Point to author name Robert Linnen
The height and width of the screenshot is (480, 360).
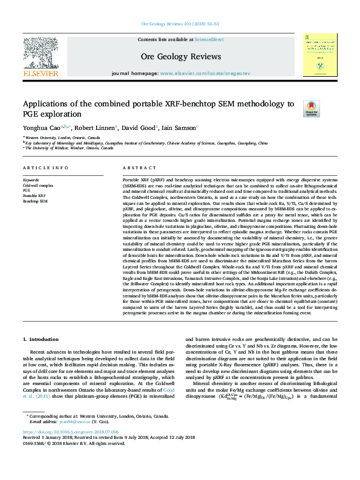[x=96, y=128]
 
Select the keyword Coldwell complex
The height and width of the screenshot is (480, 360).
[x=38, y=185]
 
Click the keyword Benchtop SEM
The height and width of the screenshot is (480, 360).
[x=35, y=201]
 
